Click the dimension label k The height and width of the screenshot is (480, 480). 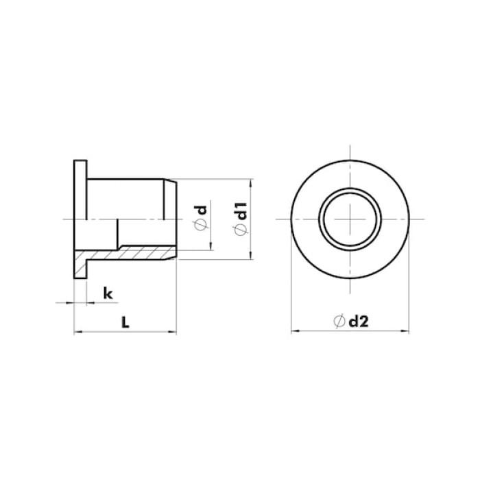108,293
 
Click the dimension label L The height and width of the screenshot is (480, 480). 125,322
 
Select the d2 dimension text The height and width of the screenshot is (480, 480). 359,321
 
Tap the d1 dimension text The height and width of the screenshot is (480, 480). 242,211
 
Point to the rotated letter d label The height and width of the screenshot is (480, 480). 202,210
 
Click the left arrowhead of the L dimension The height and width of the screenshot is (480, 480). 77,331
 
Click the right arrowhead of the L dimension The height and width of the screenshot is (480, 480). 173,331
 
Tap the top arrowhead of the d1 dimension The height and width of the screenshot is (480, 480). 251,182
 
